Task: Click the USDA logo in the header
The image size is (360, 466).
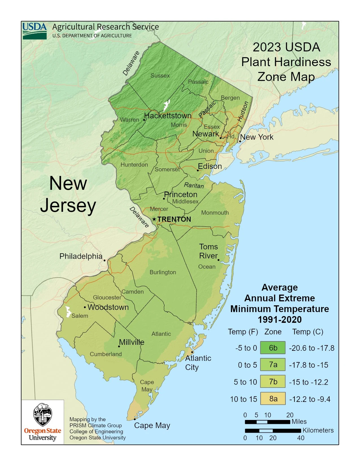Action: point(34,31)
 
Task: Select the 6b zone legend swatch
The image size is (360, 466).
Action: point(273,348)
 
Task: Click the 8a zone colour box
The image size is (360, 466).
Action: point(273,399)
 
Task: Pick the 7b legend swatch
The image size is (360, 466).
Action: point(273,382)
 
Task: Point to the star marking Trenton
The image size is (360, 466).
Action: point(154,219)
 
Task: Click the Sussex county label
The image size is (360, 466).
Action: point(160,76)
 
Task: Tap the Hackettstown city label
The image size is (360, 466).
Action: point(168,116)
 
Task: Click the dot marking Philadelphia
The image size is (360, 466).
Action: point(104,260)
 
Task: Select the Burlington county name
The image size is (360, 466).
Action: point(163,272)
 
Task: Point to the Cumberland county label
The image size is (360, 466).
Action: point(106,354)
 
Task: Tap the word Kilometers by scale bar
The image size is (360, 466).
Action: point(318,430)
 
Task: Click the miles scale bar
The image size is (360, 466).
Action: point(267,422)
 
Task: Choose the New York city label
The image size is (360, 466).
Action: point(257,137)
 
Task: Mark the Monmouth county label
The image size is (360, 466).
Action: point(215,213)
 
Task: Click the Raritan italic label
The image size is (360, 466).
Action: point(194,185)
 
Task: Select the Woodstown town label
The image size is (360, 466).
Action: point(108,307)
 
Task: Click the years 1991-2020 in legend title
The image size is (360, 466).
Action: point(280,320)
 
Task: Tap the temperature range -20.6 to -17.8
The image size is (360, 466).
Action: point(311,348)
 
